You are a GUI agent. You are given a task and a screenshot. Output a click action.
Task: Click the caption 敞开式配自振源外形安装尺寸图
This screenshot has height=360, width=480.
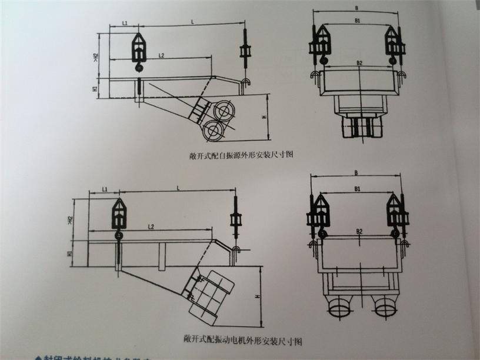tap(238, 155)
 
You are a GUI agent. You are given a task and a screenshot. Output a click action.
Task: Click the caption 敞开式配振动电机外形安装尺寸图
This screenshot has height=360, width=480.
tap(242, 341)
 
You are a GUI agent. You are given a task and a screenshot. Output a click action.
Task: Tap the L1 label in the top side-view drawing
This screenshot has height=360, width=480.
tap(126, 23)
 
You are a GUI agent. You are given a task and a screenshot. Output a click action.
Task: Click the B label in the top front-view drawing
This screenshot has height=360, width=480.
tap(357, 8)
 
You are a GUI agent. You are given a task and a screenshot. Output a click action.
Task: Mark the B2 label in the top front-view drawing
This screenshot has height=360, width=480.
tap(358, 61)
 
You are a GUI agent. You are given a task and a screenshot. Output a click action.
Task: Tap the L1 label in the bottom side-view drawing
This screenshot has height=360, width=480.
tap(104, 189)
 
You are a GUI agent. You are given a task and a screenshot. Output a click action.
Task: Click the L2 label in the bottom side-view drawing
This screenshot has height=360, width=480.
tap(152, 226)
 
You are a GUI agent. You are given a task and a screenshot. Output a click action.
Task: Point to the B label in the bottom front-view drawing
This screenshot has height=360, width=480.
tap(356, 173)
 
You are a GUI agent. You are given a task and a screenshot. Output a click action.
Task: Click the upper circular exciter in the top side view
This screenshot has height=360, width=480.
tap(224, 110)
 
